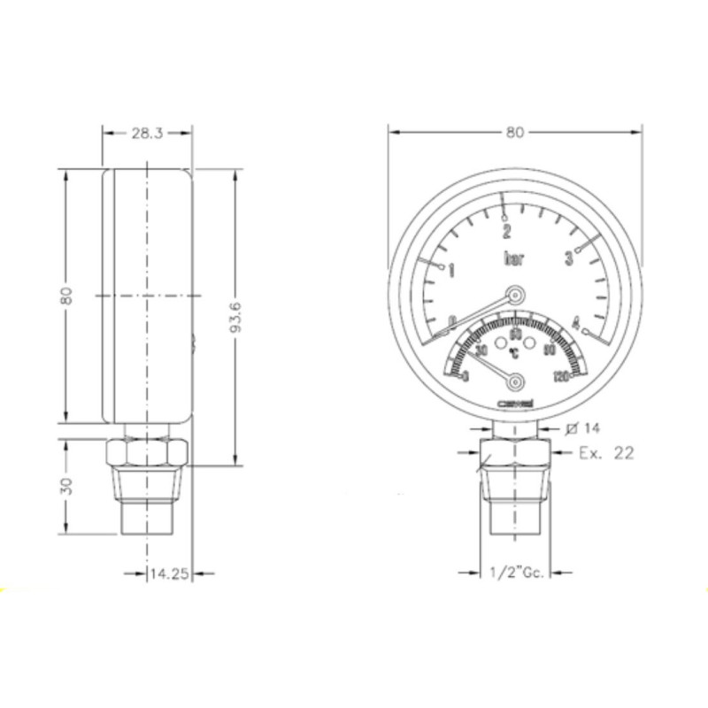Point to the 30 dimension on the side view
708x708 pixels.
tap(65, 486)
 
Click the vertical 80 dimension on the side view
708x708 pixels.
tap(65, 296)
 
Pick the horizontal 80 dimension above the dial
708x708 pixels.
tap(515, 133)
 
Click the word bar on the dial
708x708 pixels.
tap(513, 259)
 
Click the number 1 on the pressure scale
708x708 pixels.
tap(451, 269)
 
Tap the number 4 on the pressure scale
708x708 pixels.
tap(575, 321)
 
